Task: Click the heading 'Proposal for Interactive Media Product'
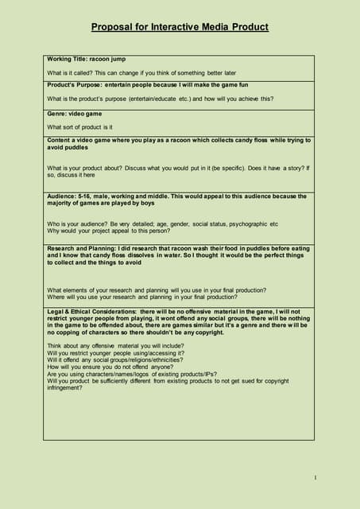(x=180, y=27)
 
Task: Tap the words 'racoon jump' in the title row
(x=108, y=60)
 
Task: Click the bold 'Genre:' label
(x=58, y=114)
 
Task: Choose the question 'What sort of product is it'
(x=79, y=126)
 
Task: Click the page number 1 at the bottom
(x=315, y=477)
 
